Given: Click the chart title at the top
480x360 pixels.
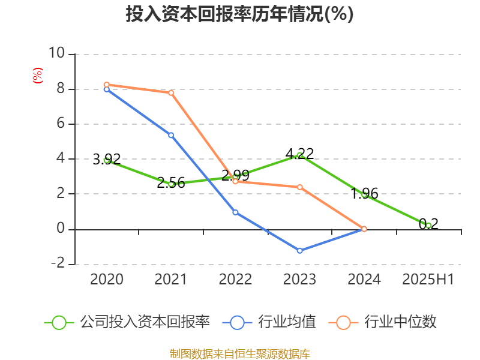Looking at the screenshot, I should pos(239,14).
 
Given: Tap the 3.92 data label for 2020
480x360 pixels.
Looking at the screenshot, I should pos(107,160).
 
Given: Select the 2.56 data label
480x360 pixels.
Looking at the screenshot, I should pos(171,183).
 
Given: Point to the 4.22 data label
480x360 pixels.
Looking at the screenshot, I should pos(299,154).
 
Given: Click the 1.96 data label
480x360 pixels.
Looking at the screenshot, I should pos(364,193).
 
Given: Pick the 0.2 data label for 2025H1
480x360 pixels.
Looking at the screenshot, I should pos(428,224).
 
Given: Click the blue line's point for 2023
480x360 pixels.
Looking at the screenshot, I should pos(300,250).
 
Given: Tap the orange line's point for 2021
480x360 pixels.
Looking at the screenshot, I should pos(171,92).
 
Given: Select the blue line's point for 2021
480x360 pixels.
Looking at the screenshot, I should pos(171,135).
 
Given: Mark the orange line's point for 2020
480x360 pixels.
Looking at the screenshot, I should pos(107,85).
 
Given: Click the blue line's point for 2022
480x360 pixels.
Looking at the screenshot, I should pos(235,212).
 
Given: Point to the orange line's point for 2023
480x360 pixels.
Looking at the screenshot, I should pos(300,187).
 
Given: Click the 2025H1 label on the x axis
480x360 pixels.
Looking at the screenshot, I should pos(428,280).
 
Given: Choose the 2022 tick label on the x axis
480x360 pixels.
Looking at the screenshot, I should pos(235,280).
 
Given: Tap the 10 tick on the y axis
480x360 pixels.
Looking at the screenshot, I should pos(56,54).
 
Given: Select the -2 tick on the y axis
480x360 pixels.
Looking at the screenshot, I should pos(58,264).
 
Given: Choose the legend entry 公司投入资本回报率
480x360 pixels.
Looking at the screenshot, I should pos(144,322).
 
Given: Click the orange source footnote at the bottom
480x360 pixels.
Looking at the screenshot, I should pos(239,353).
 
